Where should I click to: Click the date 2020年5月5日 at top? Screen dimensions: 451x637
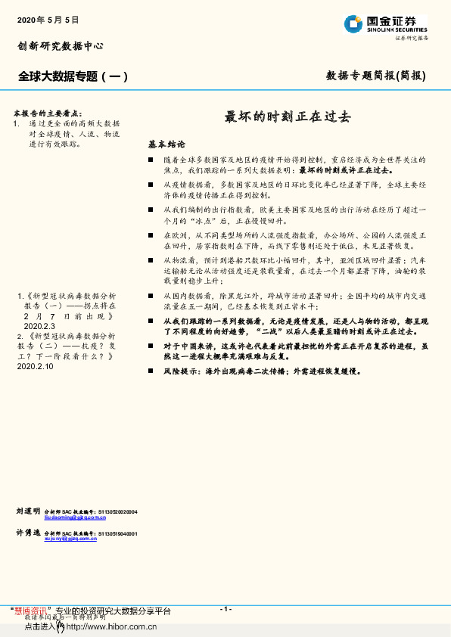pyautogui.click(x=47, y=18)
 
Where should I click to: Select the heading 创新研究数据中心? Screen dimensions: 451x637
pyautogui.click(x=60, y=46)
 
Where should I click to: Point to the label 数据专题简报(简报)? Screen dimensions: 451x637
pyautogui.click(x=376, y=76)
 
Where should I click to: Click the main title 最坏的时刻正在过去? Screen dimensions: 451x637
pyautogui.click(x=288, y=117)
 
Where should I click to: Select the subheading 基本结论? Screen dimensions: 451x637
pyautogui.click(x=166, y=144)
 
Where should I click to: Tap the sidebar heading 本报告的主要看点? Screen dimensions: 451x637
pyautogui.click(x=51, y=110)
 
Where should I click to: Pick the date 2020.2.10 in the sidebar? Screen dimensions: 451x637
pyautogui.click(x=35, y=365)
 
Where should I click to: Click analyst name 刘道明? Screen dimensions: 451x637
pyautogui.click(x=28, y=512)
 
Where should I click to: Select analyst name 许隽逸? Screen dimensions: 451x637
pyautogui.click(x=28, y=533)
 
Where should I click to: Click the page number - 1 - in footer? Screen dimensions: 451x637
pyautogui.click(x=225, y=609)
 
